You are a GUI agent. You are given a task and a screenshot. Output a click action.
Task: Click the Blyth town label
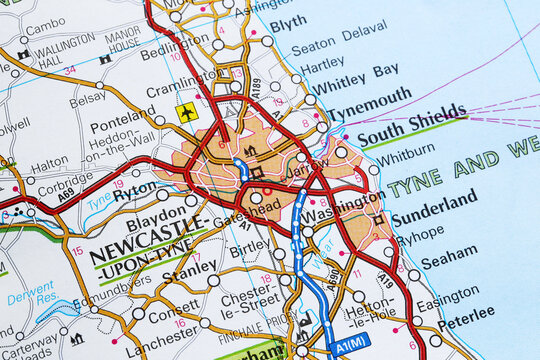coord(288,22)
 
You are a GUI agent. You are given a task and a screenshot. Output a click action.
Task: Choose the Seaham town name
coord(449,259)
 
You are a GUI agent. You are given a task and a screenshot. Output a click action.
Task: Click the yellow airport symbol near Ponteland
coord(187,112)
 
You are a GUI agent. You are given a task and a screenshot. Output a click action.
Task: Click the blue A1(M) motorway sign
coord(351,342)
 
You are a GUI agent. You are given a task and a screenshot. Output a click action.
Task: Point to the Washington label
coord(344,213)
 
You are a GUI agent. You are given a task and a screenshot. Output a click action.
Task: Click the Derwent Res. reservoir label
coord(30,293)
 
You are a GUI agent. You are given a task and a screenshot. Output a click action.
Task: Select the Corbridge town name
coord(65,186)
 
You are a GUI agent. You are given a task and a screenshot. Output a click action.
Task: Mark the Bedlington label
coord(175,46)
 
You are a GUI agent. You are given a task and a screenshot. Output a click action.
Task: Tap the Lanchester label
coord(161,340)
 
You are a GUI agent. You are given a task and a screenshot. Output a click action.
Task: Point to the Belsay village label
coord(87,99)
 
